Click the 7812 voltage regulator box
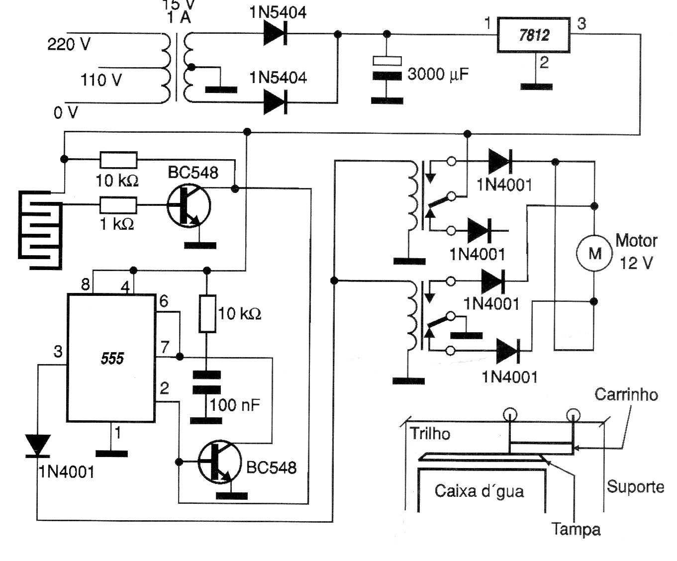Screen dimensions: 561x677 [534, 35]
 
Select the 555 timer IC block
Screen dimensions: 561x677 [112, 358]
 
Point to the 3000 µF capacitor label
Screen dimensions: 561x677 [438, 75]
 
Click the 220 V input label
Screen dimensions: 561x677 [69, 45]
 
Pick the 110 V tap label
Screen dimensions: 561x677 [101, 80]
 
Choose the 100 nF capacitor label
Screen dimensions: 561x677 [234, 405]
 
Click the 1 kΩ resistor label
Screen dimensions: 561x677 [117, 224]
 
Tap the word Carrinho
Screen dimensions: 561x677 [626, 395]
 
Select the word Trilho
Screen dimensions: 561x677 [430, 434]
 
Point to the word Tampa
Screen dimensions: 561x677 [576, 529]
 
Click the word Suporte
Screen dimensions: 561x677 [635, 486]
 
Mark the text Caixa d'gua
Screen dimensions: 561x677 [479, 491]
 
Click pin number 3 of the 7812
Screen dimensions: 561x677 [581, 23]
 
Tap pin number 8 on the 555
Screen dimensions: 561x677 [85, 285]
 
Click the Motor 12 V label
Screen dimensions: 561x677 [636, 252]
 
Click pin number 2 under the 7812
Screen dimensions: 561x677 [544, 63]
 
